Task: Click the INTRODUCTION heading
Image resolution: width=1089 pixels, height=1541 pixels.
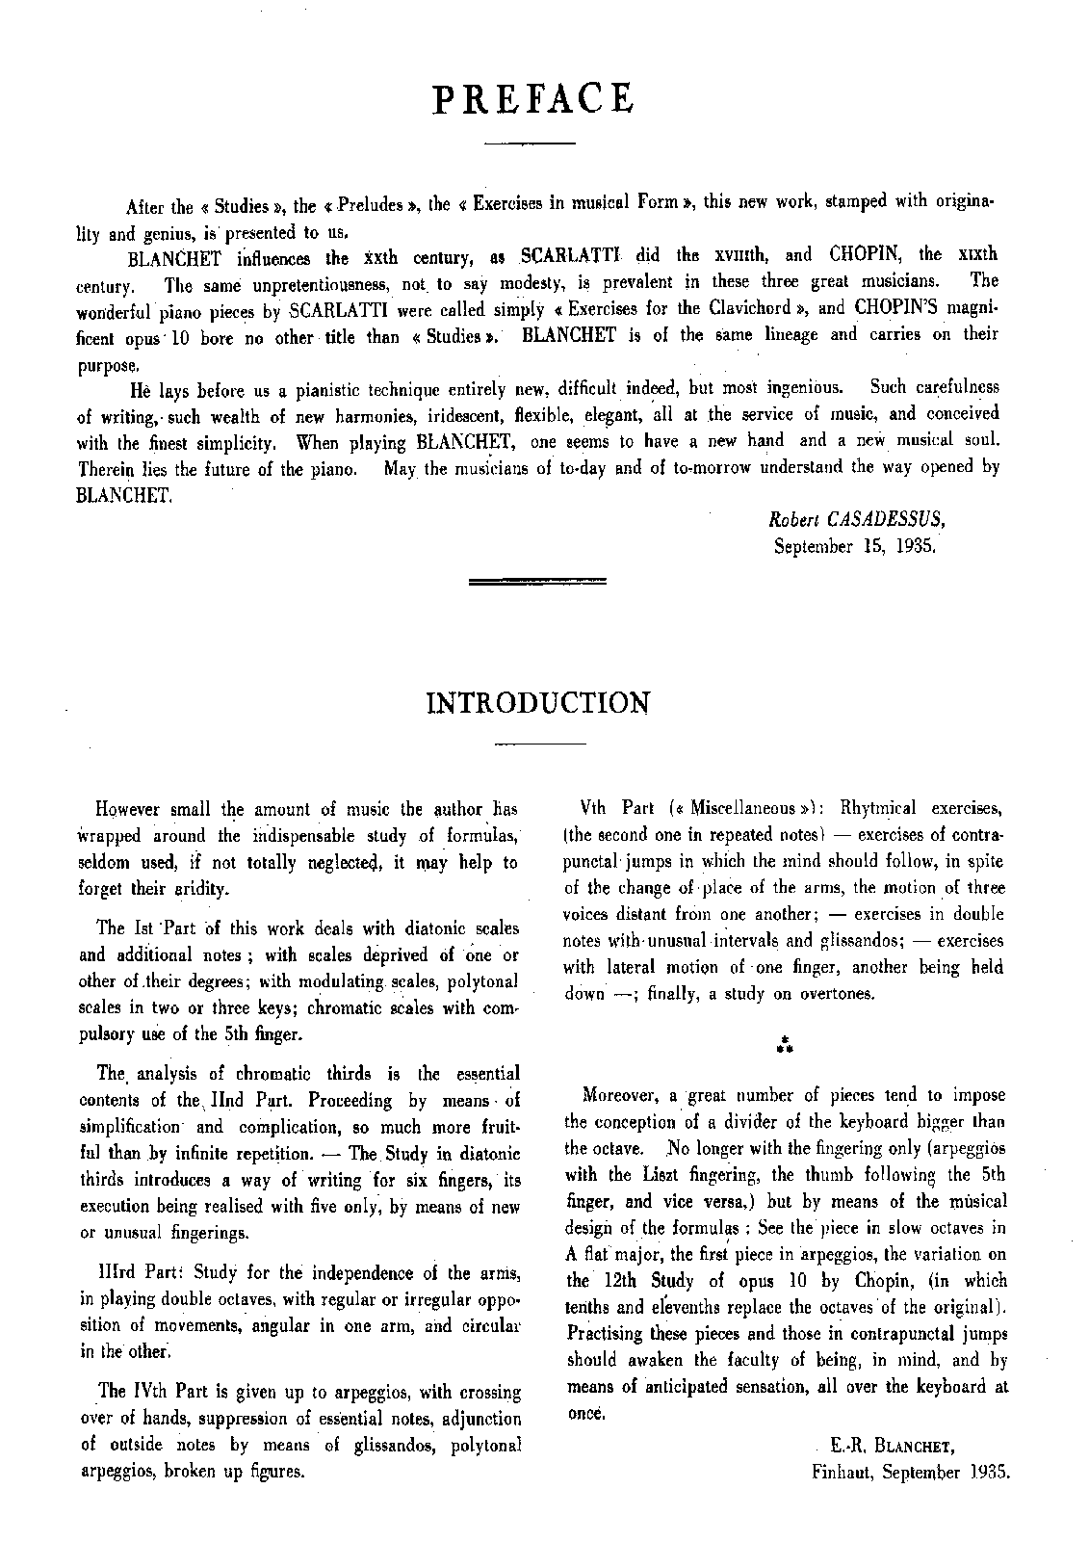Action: pyautogui.click(x=537, y=702)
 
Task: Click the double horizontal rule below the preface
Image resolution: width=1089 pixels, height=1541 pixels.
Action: pyautogui.click(x=536, y=582)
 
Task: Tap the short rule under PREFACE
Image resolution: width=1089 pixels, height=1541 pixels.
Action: pyautogui.click(x=529, y=144)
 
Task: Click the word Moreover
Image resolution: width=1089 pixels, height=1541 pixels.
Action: pyautogui.click(x=625, y=1095)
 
